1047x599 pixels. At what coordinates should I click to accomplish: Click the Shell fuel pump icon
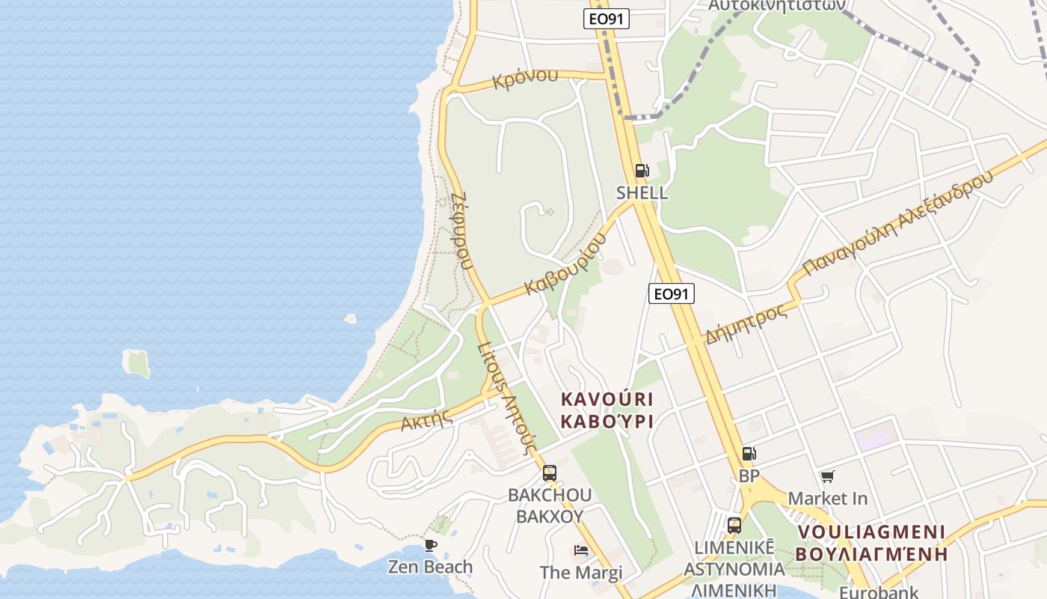(642, 171)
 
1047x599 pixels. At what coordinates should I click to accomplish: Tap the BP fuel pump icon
(749, 454)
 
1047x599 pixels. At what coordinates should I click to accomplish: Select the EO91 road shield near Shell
(671, 294)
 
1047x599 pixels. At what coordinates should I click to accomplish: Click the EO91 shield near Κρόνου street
(606, 19)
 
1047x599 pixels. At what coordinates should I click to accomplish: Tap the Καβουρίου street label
(566, 264)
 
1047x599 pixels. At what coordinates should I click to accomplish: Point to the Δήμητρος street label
(746, 323)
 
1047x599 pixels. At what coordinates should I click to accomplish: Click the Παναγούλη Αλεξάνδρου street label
(897, 223)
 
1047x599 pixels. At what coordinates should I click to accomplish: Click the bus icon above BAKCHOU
(549, 472)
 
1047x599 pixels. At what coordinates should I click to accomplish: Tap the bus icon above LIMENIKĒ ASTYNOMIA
(734, 525)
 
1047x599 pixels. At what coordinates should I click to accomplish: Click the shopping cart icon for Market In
(827, 477)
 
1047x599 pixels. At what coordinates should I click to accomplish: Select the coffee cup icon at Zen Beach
(430, 545)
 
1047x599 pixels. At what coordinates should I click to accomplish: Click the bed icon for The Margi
(581, 550)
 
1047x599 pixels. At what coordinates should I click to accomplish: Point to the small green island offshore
(137, 364)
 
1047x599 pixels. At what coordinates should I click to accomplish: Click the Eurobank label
(868, 592)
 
